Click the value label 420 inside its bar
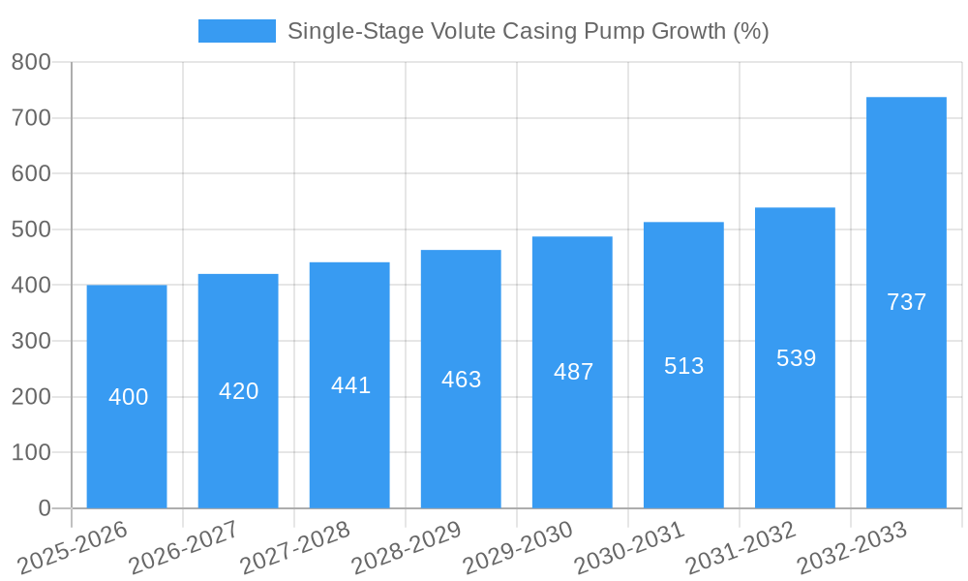coord(238,391)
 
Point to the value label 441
coord(350,385)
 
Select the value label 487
coord(573,372)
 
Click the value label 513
coord(683,366)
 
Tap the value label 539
coord(796,358)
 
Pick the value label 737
coord(906,302)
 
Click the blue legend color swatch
coord(236,31)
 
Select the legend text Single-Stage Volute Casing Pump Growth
coord(528,31)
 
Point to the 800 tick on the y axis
coord(31,63)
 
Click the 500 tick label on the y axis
coord(31,229)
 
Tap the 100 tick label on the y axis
coord(31,453)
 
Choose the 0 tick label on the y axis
coord(44,508)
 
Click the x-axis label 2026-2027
coord(184,549)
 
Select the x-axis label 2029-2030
coord(519,549)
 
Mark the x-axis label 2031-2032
coord(741,549)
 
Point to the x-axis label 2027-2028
coord(295,549)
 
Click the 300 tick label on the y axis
coord(31,342)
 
